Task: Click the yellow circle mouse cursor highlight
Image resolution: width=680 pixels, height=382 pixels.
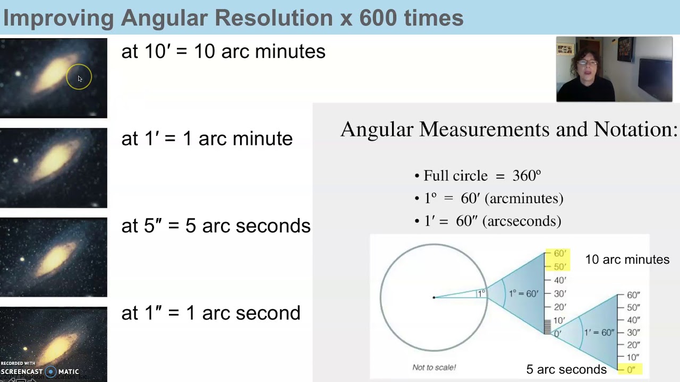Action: coord(79,77)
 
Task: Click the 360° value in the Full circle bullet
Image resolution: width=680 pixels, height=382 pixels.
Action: coord(526,176)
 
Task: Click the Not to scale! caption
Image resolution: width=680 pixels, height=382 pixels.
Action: coord(434,367)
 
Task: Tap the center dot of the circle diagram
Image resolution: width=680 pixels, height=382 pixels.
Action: coord(434,297)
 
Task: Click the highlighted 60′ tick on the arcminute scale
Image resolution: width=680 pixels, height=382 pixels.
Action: coord(559,254)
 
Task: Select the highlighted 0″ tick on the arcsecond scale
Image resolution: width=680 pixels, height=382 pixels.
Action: coord(631,369)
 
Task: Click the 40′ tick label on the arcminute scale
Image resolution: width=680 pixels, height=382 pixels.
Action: coord(559,280)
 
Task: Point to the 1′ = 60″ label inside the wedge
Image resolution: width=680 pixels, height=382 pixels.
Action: coord(599,333)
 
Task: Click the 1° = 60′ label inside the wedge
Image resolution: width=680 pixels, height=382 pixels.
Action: coord(523,293)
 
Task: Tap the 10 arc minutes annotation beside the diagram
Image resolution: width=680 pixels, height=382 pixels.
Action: coord(627,259)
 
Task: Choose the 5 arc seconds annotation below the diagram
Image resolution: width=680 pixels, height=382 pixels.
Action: coord(566,369)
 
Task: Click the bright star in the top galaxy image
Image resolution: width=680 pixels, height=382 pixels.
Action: coord(18,74)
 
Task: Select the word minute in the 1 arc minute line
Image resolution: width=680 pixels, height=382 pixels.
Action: coord(262,138)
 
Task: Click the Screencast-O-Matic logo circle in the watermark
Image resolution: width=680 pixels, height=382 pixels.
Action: coord(51,371)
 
